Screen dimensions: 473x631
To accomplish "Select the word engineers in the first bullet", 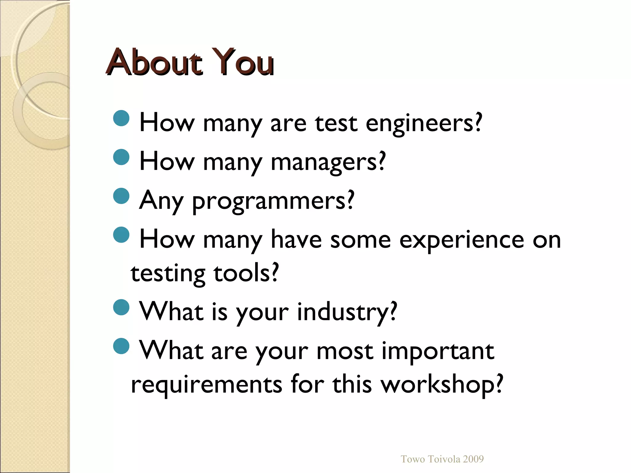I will pyautogui.click(x=424, y=123).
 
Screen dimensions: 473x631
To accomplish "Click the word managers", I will pyautogui.click(x=328, y=162).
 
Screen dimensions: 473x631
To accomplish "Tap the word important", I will pyautogui.click(x=438, y=351).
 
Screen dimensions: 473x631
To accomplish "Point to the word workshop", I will pyautogui.click(x=442, y=385).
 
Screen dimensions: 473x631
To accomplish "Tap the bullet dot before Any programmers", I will pyautogui.click(x=121, y=196).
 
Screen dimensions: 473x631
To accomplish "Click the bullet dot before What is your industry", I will pyautogui.click(x=121, y=307).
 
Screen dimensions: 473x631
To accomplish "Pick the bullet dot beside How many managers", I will pyautogui.click(x=121, y=157).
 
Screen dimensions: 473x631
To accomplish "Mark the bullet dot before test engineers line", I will pyautogui.click(x=121, y=118).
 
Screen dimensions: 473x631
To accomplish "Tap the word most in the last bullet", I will pyautogui.click(x=345, y=351).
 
